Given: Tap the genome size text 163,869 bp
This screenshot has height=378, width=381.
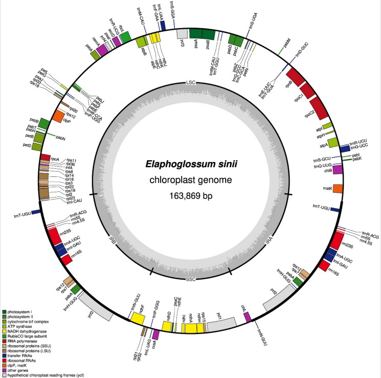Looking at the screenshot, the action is [191, 196].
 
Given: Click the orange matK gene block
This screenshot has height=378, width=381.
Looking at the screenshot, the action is [338, 189].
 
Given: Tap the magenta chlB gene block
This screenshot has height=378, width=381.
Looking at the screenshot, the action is [337, 171].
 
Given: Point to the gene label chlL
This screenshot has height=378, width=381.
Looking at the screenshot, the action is [244, 307].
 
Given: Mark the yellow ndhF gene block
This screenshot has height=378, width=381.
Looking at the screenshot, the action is [137, 317].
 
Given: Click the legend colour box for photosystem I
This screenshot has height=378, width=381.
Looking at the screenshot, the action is [5, 312].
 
